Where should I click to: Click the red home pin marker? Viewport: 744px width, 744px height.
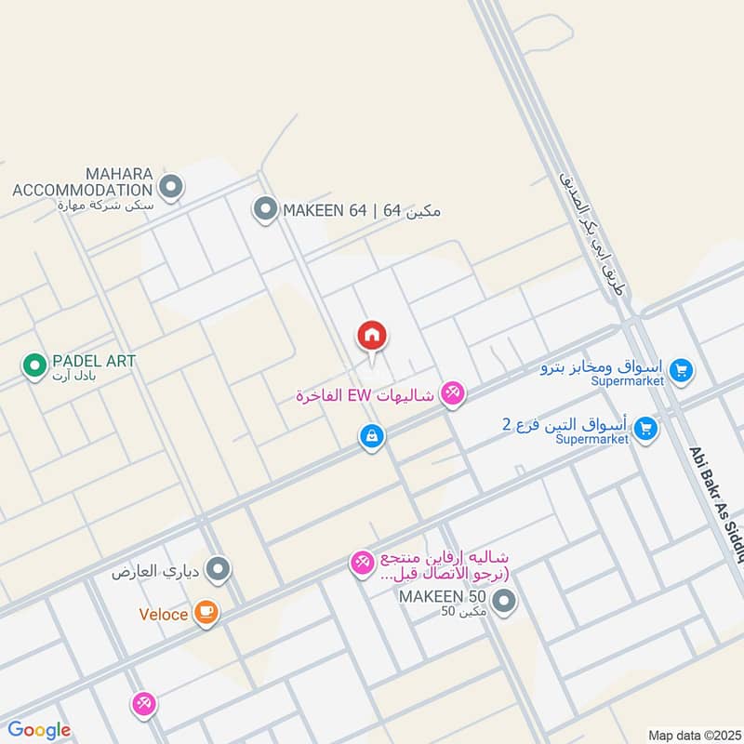[x=372, y=336]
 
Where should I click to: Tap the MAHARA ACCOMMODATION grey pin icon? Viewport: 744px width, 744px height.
[x=170, y=188]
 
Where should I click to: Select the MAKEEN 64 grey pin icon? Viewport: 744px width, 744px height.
[x=265, y=210]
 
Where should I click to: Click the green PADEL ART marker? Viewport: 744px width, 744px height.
[x=34, y=365]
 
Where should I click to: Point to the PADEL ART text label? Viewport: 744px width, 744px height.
[x=95, y=360]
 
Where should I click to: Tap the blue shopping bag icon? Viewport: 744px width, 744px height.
[x=371, y=436]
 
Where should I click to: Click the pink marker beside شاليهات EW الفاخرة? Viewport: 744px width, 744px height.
[x=452, y=394]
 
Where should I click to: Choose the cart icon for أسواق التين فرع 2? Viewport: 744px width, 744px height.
[x=644, y=429]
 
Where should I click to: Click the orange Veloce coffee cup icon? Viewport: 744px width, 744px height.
[x=206, y=613]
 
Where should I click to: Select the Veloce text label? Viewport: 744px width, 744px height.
[x=164, y=614]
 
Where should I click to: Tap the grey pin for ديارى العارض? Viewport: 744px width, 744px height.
[x=218, y=568]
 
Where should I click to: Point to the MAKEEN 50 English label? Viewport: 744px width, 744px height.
[x=442, y=595]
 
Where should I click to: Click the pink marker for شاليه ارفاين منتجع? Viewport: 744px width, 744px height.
[x=362, y=562]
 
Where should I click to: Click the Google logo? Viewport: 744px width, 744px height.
[x=39, y=730]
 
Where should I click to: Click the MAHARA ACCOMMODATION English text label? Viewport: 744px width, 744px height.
[x=82, y=181]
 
